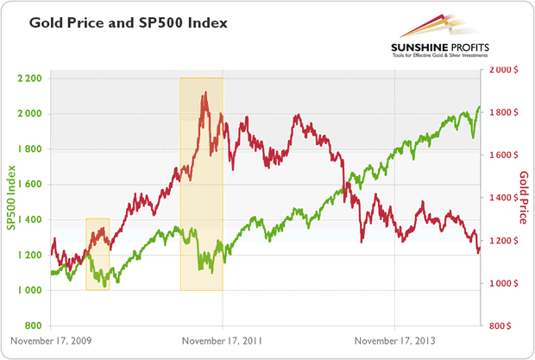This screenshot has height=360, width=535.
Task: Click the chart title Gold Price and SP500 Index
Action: tap(128, 23)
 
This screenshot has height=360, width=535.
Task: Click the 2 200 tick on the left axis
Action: tap(29, 79)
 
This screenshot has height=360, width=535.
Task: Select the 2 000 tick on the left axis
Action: tap(29, 114)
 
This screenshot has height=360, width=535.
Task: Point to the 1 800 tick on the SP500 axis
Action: tap(29, 149)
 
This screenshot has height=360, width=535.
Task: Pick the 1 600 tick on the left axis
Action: tap(29, 185)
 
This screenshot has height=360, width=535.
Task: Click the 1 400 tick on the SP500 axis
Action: tap(29, 220)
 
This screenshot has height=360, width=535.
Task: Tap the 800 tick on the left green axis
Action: tap(32, 326)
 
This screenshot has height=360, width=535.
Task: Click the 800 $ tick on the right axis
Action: tap(504, 326)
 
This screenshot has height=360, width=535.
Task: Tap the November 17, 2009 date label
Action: tap(51, 341)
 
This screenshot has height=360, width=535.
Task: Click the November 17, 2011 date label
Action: tap(222, 341)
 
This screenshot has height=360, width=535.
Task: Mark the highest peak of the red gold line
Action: tap(204, 92)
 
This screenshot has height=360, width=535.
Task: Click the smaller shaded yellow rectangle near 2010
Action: tap(98, 254)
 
